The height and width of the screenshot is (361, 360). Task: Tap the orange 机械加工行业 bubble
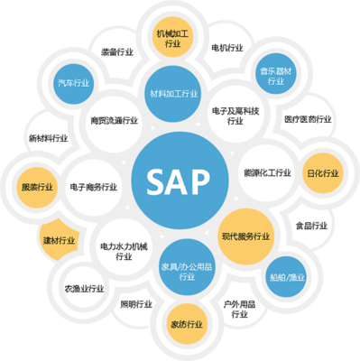pos(173,37)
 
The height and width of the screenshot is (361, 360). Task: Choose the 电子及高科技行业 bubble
pos(235,115)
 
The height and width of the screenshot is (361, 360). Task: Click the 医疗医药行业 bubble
pos(307,118)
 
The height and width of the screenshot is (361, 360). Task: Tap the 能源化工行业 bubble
pos(266,171)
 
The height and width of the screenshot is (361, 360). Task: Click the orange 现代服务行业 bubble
pos(245,236)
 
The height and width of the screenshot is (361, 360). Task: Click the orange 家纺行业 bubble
pos(185,323)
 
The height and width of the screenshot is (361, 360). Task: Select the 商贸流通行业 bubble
pos(115,118)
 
